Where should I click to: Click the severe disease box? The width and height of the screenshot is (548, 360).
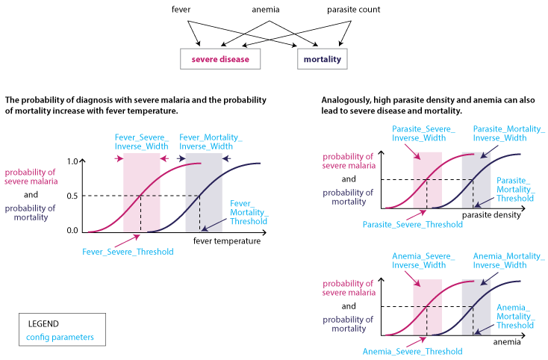(220, 58)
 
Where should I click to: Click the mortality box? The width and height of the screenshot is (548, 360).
(323, 58)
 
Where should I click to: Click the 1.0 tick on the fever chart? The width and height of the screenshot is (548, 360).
(72, 161)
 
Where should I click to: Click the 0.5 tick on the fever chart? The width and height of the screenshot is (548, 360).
(72, 196)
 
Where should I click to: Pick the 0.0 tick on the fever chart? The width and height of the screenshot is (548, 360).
(72, 230)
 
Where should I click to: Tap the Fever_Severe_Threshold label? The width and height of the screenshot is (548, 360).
(128, 252)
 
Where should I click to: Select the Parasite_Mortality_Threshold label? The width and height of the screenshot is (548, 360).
(515, 190)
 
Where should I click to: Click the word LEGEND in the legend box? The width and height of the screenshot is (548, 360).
(43, 324)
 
